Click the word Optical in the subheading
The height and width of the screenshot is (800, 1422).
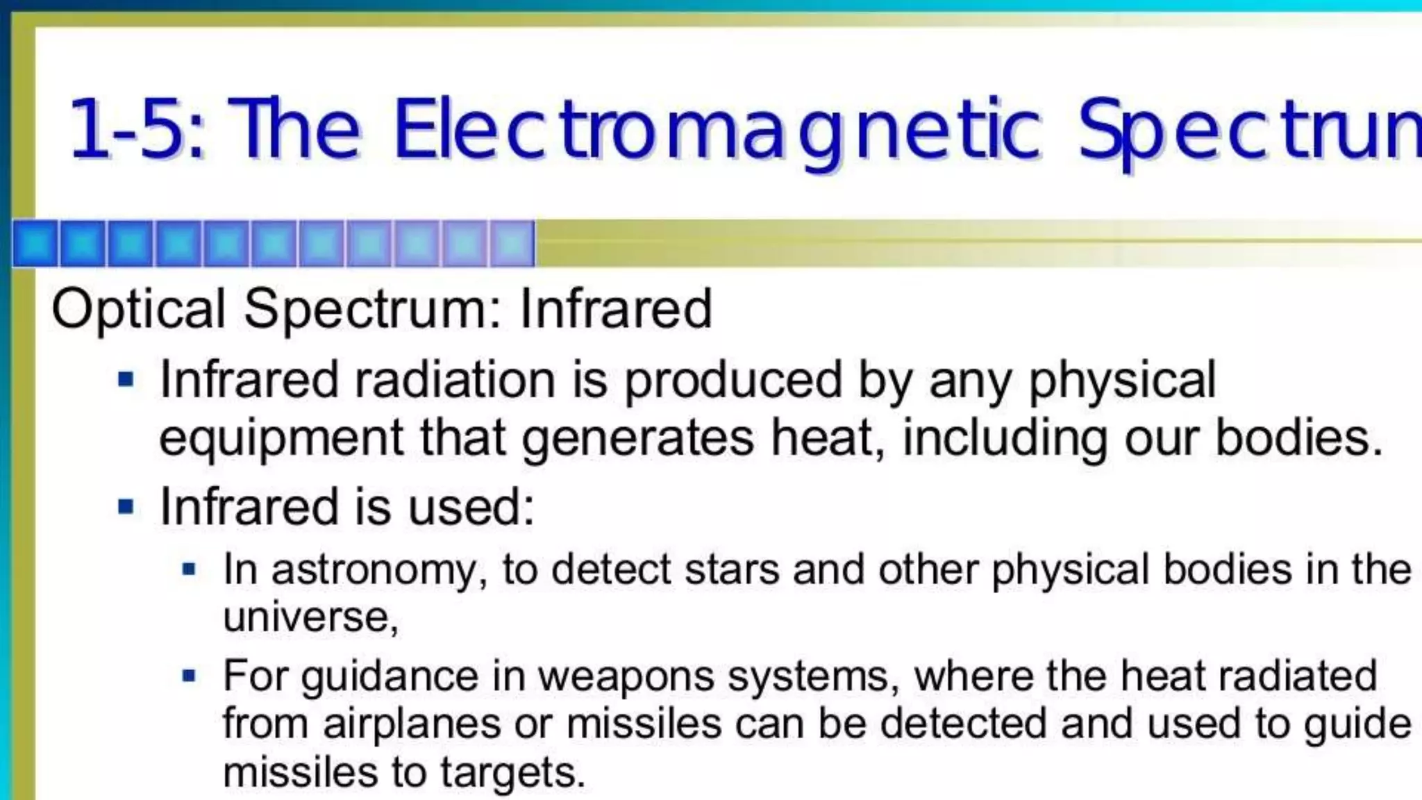138,309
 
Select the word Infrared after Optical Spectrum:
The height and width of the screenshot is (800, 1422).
616,309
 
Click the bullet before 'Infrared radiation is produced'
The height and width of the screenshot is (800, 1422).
126,380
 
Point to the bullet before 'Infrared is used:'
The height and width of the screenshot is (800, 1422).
126,507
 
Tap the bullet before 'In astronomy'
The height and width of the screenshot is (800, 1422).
189,570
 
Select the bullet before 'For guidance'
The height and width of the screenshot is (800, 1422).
189,676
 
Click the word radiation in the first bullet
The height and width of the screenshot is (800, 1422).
455,380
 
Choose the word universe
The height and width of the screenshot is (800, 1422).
310,617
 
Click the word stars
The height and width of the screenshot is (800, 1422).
732,569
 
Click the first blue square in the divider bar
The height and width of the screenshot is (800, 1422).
35,244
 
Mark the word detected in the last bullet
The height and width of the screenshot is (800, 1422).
964,724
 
